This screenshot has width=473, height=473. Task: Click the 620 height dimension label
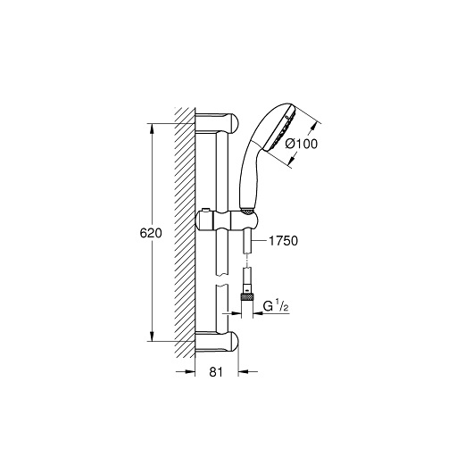click(x=151, y=233)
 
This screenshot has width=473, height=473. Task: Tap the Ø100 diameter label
click(x=302, y=144)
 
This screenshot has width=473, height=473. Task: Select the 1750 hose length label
click(x=283, y=241)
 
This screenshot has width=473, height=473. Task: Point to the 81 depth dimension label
click(x=216, y=372)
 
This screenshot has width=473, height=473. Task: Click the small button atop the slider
click(x=206, y=210)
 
